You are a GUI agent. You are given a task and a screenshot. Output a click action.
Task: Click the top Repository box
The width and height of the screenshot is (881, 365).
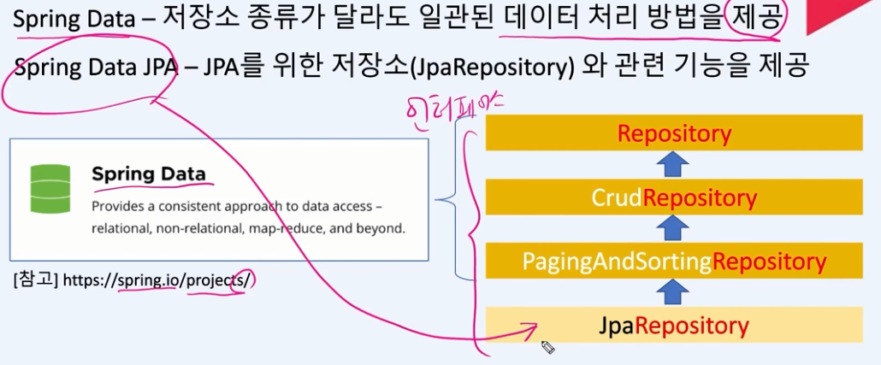(x=674, y=134)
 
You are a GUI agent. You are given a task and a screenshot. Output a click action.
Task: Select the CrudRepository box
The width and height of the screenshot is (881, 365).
(x=674, y=197)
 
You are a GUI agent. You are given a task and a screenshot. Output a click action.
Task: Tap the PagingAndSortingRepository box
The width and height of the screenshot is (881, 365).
(x=674, y=261)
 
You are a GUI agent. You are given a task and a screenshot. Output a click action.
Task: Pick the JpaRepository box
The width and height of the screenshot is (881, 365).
(x=674, y=325)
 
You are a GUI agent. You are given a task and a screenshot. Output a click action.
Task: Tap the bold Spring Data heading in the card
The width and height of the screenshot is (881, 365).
(x=149, y=174)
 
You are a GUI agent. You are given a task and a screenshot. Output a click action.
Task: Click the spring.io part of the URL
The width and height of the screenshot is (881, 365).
(x=151, y=280)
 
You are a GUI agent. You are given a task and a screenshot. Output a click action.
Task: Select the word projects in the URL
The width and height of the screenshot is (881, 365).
(x=216, y=280)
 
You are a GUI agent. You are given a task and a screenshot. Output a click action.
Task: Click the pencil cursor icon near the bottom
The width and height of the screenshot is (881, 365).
(x=547, y=347)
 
